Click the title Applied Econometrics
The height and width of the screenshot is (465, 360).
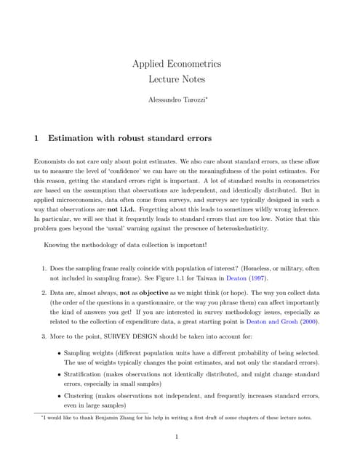click(x=177, y=64)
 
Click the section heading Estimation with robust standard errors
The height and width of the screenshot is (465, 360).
click(x=129, y=137)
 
